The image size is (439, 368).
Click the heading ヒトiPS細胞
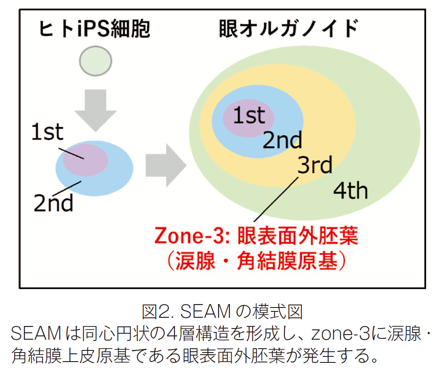click(x=95, y=29)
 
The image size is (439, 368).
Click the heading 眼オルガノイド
click(x=288, y=28)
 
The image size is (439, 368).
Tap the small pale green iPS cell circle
click(x=96, y=61)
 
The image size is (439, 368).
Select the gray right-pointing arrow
click(x=166, y=165)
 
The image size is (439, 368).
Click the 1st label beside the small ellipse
click(x=47, y=132)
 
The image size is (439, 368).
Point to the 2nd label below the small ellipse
click(x=53, y=203)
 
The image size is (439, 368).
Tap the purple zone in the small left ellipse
click(x=85, y=160)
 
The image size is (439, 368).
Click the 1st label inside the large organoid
click(x=249, y=115)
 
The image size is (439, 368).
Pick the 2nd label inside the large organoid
click(x=283, y=139)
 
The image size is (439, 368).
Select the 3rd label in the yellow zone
click(x=315, y=165)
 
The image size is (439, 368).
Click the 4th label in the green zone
click(x=350, y=191)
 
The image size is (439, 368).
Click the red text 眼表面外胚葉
click(x=298, y=235)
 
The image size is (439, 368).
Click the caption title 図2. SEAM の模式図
click(x=223, y=311)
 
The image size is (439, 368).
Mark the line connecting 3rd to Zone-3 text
click(x=276, y=199)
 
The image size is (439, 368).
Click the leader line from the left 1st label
click(x=71, y=153)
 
